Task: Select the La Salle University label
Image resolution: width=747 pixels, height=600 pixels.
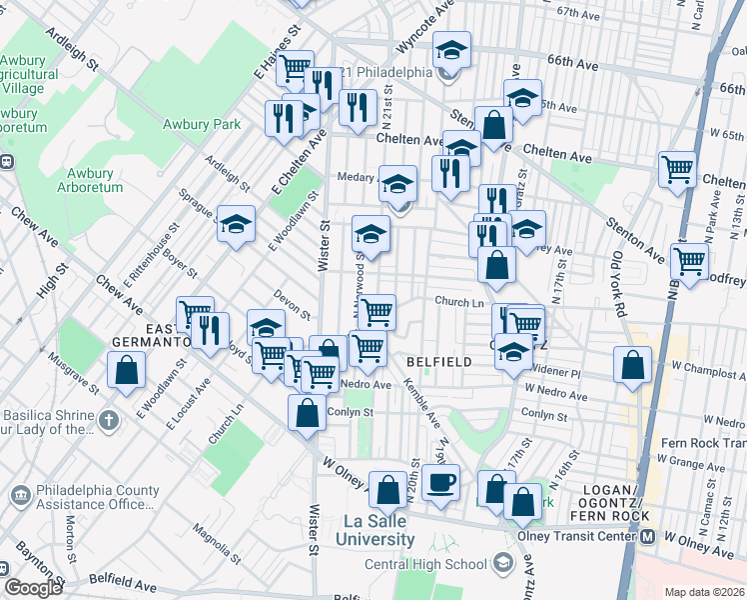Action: coord(378,530)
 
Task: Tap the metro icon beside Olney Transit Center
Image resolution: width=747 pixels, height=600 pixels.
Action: coord(647,536)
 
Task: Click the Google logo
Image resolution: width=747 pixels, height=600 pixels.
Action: coord(33,588)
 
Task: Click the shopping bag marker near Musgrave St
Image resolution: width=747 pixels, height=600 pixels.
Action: coord(127,370)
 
